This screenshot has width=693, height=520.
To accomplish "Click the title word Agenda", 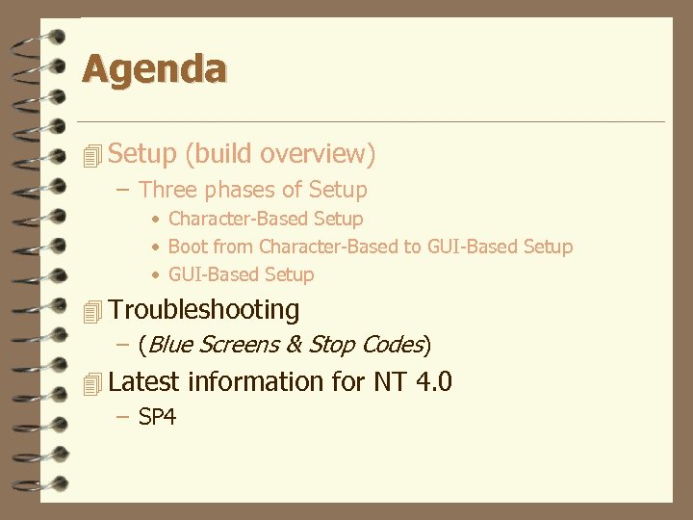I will [154, 69].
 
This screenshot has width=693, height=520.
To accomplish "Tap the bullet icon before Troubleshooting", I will [92, 311].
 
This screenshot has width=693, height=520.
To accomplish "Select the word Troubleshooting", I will [204, 310].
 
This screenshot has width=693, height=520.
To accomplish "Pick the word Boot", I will [188, 247].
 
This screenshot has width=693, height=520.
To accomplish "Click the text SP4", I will [157, 418].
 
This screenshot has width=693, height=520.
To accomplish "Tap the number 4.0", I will [434, 382].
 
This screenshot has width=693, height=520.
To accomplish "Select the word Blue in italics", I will [171, 345].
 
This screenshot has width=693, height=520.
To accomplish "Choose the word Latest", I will [144, 382].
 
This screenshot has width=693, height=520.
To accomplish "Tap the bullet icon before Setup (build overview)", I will [92, 154].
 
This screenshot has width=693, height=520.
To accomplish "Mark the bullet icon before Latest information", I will [92, 384].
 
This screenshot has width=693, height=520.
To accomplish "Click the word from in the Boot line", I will [233, 247].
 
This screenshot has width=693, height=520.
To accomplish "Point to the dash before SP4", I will [121, 418].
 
